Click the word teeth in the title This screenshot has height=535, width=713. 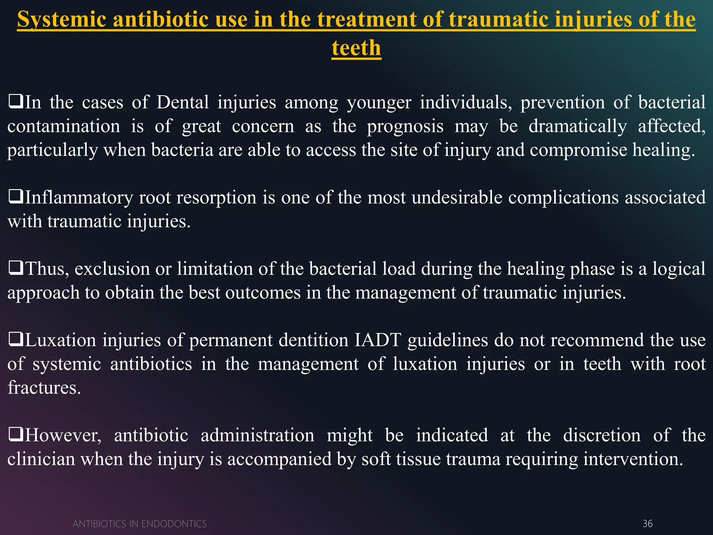[356, 48]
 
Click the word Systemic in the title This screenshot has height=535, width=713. [62, 19]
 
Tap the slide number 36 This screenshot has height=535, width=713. [647, 524]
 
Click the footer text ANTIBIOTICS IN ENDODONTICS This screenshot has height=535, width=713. [140, 524]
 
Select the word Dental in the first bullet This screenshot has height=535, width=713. [182, 102]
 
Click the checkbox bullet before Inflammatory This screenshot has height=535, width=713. [15, 197]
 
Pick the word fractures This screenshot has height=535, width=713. [44, 388]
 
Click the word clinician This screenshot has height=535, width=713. [41, 459]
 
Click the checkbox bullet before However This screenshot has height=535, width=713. [15, 435]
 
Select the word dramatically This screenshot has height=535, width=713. [578, 126]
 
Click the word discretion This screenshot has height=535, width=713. [602, 435]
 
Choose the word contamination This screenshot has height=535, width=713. [64, 126]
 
